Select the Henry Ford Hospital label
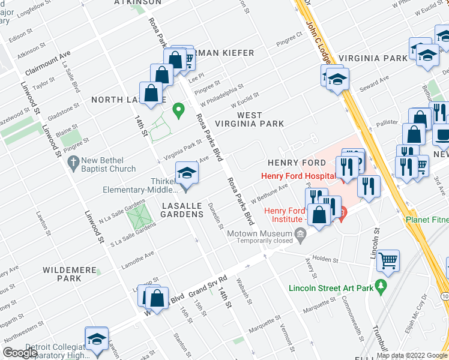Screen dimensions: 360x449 pyautogui.click(x=298, y=176)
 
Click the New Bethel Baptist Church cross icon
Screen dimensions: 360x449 pyautogui.click(x=73, y=161)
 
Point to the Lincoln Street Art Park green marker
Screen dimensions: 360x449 pyautogui.click(x=380, y=287)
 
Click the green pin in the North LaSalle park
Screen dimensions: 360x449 pyautogui.click(x=178, y=110)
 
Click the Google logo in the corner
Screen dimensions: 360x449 pyautogui.click(x=20, y=352)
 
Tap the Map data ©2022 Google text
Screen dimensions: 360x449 pyautogui.click(x=412, y=355)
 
